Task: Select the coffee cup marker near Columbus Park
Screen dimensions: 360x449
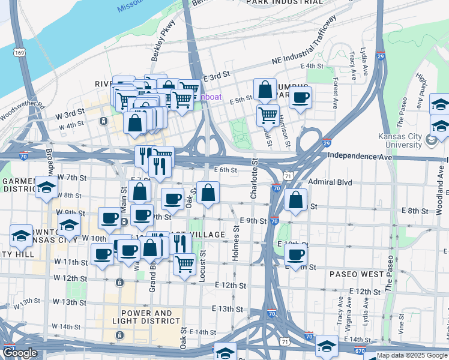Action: (x=300, y=97)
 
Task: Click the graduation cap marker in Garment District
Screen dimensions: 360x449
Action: (x=46, y=188)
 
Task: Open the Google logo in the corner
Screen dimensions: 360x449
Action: (x=20, y=353)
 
